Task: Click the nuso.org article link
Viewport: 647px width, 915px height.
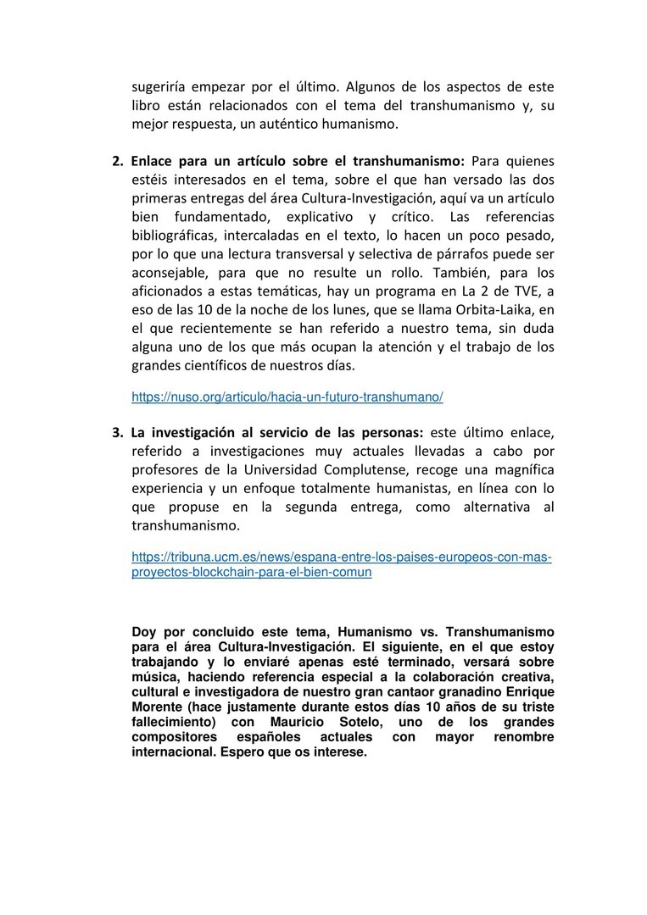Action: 287,396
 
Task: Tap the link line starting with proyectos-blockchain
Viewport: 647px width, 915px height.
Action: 252,572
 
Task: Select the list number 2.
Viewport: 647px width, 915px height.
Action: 117,160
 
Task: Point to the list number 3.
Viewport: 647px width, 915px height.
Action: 117,432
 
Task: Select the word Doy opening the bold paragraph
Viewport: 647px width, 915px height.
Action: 143,632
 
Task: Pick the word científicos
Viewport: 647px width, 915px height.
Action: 222,366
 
